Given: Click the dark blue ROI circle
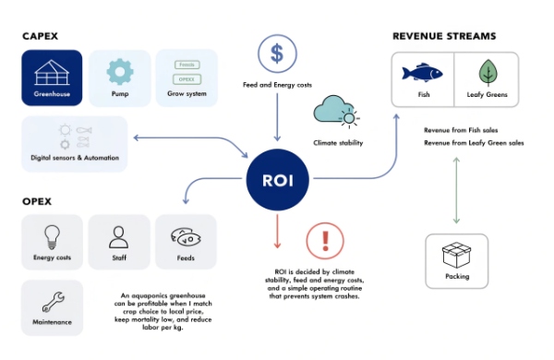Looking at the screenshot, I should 276,179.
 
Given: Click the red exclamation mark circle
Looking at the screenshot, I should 325,242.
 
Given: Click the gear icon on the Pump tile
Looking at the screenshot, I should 119,72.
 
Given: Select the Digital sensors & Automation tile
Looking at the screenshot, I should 73,143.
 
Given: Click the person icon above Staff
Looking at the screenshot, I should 118,235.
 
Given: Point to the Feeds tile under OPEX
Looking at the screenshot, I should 186,242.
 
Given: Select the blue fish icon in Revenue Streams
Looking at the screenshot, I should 423,72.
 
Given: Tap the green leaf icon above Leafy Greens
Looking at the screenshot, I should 487,72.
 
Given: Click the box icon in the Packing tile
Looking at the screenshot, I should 456,253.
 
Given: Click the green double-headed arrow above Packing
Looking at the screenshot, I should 456,190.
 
